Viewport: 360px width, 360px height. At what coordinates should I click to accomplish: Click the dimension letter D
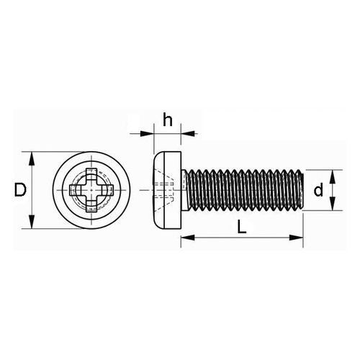(x=20, y=189)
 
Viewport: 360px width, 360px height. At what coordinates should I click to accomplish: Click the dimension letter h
(x=168, y=120)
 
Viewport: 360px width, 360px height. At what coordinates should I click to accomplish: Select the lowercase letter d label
(x=318, y=190)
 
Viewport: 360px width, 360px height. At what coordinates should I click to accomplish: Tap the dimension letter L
(x=242, y=227)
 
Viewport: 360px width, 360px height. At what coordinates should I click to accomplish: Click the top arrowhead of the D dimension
(x=32, y=158)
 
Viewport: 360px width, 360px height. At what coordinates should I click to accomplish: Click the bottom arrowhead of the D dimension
(x=32, y=222)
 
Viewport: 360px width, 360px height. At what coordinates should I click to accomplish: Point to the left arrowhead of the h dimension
(x=147, y=133)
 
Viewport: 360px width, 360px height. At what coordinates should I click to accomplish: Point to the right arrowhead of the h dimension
(x=187, y=133)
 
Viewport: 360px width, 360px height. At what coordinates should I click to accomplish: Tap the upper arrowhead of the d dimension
(x=333, y=176)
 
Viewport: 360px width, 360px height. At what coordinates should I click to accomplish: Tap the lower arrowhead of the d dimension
(x=333, y=204)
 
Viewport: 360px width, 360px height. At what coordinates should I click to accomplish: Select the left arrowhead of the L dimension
(x=187, y=238)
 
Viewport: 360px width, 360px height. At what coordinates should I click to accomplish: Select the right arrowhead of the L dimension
(x=297, y=238)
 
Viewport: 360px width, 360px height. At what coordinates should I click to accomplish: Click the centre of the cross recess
(x=91, y=190)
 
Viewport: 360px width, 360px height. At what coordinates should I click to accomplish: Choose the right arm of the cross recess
(x=107, y=190)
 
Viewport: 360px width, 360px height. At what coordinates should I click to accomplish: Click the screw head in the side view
(x=167, y=190)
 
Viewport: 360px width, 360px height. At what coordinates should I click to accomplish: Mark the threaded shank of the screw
(x=243, y=190)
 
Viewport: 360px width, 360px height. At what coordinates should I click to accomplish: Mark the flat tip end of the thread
(x=302, y=190)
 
